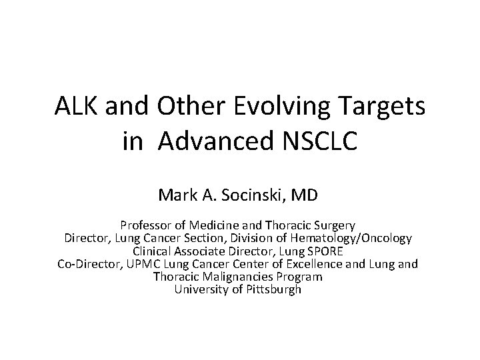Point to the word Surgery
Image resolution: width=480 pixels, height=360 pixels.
pyautogui.click(x=335, y=225)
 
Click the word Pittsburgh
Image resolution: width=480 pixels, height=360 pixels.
pyautogui.click(x=275, y=290)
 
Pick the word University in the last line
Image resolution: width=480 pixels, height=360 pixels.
pyautogui.click(x=201, y=290)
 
